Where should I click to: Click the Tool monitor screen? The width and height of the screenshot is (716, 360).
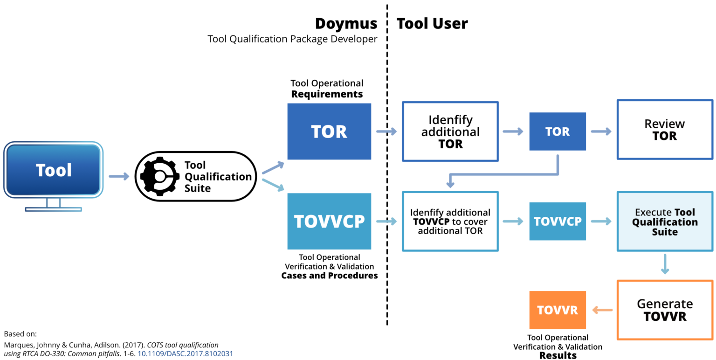click(x=54, y=170)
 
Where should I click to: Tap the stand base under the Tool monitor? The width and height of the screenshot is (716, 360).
click(x=54, y=209)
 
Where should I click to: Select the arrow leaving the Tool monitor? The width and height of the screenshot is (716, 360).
click(x=119, y=176)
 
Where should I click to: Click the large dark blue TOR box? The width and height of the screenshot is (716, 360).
click(x=329, y=132)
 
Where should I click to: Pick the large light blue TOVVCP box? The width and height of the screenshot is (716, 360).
click(x=329, y=221)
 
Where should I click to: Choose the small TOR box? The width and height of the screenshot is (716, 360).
click(x=558, y=132)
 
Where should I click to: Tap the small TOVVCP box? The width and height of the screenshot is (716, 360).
click(x=558, y=221)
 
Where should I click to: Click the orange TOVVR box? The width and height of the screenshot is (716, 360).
click(x=558, y=310)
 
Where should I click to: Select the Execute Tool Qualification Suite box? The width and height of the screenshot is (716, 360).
click(x=665, y=222)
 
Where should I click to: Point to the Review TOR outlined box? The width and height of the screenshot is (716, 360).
click(x=665, y=130)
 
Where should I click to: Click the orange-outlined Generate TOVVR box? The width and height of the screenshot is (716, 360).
click(x=665, y=310)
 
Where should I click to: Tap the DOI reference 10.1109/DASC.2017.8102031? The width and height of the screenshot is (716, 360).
click(x=185, y=354)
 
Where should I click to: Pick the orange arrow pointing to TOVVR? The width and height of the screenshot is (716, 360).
click(x=602, y=310)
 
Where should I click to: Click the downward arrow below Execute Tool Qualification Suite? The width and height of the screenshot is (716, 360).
click(x=665, y=264)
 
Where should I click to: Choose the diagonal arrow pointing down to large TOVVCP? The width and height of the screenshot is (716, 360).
click(x=273, y=185)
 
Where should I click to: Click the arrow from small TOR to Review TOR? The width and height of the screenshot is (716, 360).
click(x=601, y=132)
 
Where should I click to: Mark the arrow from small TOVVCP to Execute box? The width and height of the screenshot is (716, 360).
click(x=601, y=221)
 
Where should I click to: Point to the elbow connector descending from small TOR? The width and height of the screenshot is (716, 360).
click(x=503, y=175)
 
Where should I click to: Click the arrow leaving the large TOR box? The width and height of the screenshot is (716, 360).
click(x=386, y=132)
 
